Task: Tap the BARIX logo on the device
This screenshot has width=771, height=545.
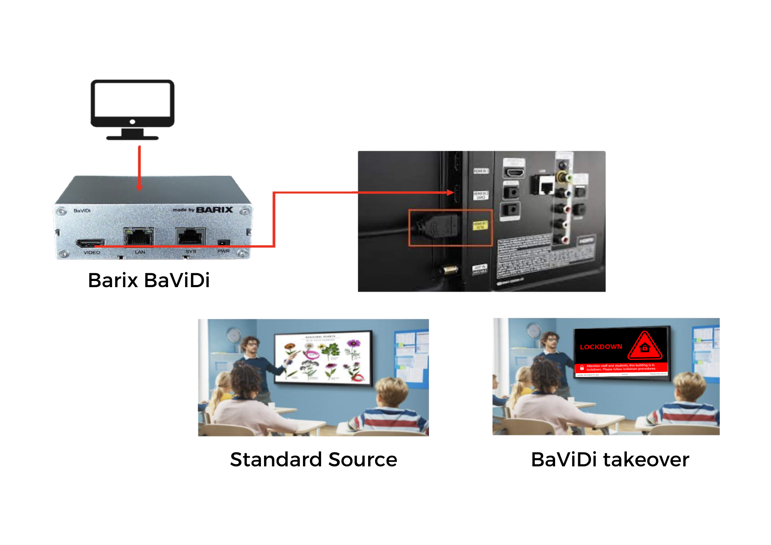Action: coord(214,210)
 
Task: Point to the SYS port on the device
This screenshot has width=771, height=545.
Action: coord(190,236)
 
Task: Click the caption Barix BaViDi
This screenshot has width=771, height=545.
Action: coord(149,280)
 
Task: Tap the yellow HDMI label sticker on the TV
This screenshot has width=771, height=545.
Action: coord(480,225)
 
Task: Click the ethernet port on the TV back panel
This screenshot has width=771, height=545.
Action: coord(546,187)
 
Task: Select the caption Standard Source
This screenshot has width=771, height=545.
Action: coord(313,459)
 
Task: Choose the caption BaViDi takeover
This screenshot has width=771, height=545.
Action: coord(610,459)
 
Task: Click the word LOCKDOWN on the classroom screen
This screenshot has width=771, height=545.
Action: coord(601,347)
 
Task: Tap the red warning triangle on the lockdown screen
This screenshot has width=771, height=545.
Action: coord(645,346)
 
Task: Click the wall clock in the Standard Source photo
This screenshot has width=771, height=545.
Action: coord(234,335)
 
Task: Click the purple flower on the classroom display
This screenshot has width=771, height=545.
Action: coord(353,343)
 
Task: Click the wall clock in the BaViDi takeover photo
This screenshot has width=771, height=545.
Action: coord(534,331)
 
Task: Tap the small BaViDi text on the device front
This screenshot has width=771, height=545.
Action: coord(82,210)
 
